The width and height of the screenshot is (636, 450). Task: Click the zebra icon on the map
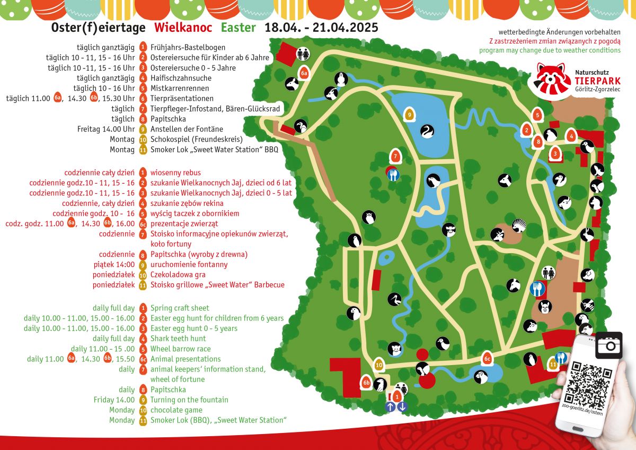(x=518, y=225)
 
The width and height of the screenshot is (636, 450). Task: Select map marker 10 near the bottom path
(x=378, y=365)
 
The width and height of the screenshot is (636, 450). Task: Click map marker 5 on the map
(x=537, y=114)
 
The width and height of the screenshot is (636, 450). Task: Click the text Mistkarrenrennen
(x=180, y=88)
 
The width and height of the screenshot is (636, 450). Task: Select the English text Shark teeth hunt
(x=178, y=339)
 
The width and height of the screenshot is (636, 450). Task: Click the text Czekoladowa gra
(x=178, y=275)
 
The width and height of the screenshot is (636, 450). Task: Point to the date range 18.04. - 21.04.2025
(x=321, y=28)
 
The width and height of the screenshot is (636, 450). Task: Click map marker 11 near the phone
(x=552, y=364)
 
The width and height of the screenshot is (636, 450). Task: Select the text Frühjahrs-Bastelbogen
(x=188, y=47)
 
